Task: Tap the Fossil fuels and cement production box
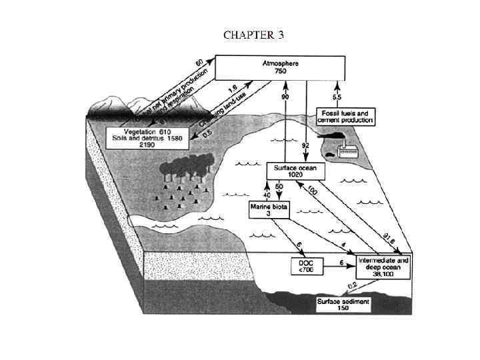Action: [345, 116]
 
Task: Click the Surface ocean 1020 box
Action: [295, 171]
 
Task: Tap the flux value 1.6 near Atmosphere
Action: [232, 87]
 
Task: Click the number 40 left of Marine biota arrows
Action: [268, 195]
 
